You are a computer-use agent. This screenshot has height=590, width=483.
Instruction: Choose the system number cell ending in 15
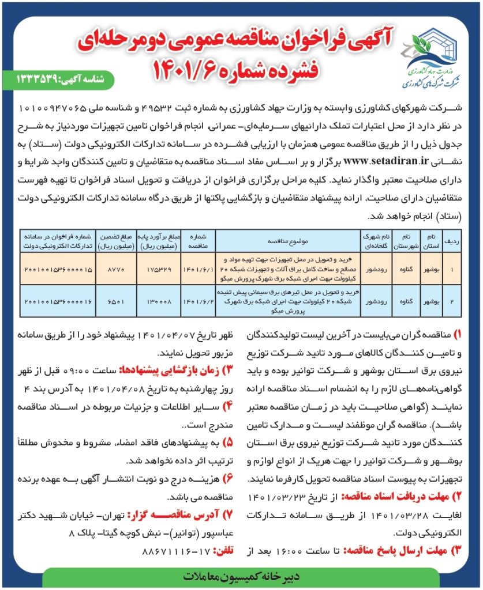58,269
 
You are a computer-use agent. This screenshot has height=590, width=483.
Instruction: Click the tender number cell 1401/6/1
199,269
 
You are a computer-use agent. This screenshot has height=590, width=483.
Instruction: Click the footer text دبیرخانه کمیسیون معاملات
241,576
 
